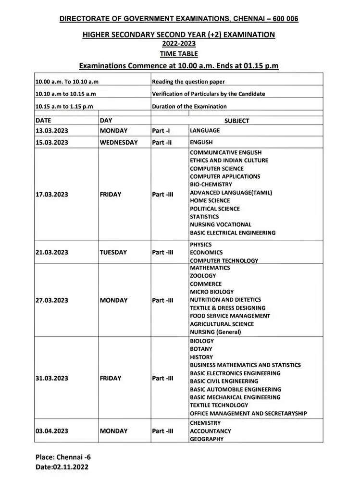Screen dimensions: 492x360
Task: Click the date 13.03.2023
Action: (51, 131)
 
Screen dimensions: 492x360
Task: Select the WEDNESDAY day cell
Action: (119, 143)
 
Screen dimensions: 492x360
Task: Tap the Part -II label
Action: (162, 143)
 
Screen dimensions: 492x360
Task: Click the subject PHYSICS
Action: (201, 245)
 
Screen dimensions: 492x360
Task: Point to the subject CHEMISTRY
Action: (205, 423)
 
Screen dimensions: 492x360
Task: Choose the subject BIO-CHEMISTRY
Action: (211, 184)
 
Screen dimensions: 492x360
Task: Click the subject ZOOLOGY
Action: (203, 276)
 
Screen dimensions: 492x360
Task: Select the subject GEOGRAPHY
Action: (207, 439)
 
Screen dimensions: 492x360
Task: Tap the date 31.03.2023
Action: (51, 378)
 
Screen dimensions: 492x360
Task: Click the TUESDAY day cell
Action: (113, 252)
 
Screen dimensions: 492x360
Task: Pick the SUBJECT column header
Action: (236, 121)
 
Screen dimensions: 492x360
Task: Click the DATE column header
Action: (43, 121)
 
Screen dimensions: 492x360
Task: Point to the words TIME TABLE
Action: (179, 54)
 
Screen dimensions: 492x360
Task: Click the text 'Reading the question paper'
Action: (188, 82)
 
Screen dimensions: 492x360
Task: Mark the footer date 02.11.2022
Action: (70, 467)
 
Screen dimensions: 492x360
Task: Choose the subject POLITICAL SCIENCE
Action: (215, 209)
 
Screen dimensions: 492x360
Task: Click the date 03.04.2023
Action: (51, 431)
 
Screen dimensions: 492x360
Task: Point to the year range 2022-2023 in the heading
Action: (179, 44)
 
